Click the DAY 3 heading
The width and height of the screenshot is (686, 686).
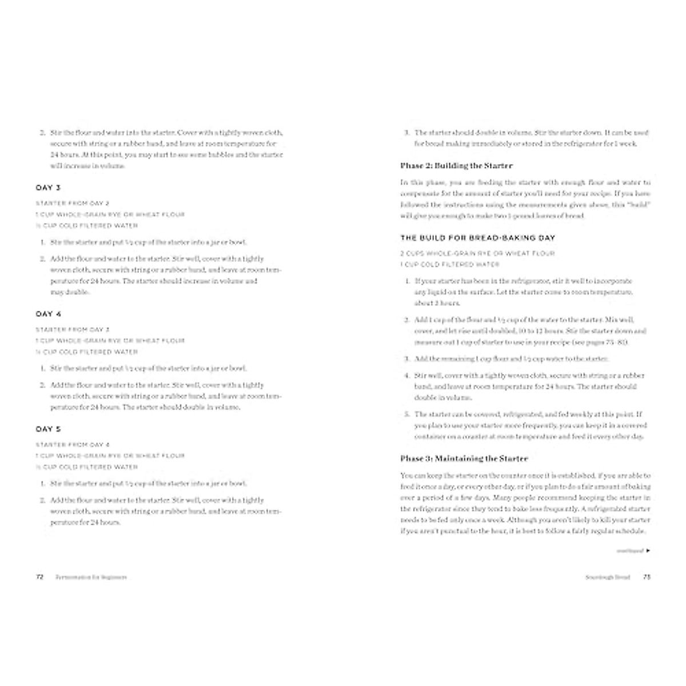48,188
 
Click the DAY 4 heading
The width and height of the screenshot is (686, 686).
48,314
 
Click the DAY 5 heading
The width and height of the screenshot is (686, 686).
48,429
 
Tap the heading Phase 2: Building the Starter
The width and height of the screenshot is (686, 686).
456,166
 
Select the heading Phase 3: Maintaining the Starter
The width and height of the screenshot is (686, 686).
464,458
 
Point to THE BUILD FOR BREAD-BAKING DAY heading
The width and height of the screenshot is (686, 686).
477,238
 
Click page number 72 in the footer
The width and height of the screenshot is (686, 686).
40,577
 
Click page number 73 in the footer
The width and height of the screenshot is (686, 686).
647,577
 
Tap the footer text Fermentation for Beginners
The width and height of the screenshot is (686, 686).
91,577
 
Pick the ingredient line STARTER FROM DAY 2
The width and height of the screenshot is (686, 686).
72,204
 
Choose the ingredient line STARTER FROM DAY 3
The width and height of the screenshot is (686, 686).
72,330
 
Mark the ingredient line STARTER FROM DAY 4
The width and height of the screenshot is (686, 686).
72,445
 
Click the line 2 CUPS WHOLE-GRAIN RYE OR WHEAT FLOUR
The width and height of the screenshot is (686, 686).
477,253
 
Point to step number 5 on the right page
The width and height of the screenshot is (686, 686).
407,414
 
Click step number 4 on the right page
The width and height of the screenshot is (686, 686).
407,376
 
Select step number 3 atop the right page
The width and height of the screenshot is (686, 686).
406,133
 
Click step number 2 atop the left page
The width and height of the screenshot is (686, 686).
42,133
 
